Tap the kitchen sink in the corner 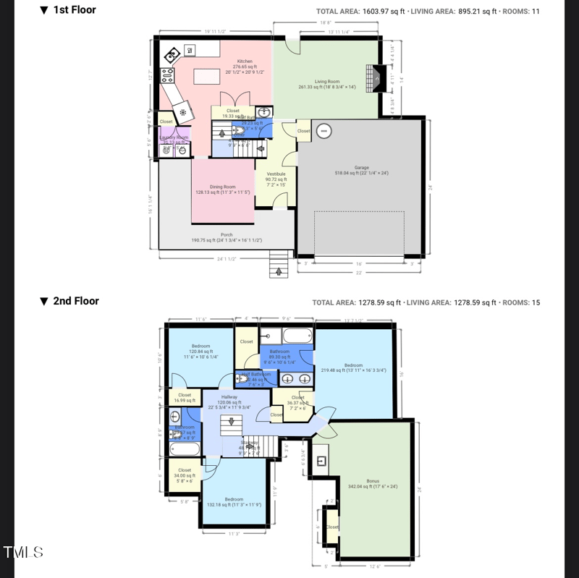tap(172, 56)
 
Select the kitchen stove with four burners tap(167, 75)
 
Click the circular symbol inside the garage tap(324, 131)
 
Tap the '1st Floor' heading tap(74, 10)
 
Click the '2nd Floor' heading tap(75, 301)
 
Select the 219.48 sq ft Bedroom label tap(354, 366)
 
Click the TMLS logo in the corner tap(23, 553)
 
